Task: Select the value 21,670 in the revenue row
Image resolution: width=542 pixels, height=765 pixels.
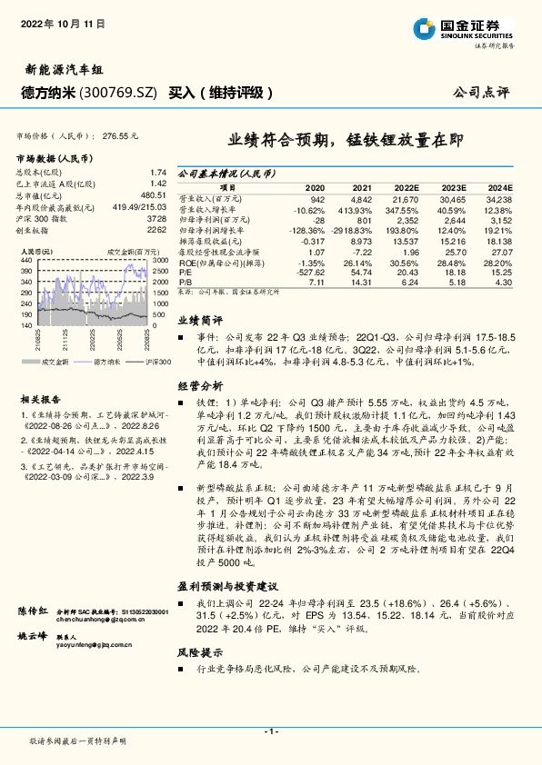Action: pos(406,197)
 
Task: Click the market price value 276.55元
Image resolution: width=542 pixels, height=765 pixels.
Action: pos(121,134)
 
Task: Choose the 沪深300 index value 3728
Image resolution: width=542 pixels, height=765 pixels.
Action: pos(156,221)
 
